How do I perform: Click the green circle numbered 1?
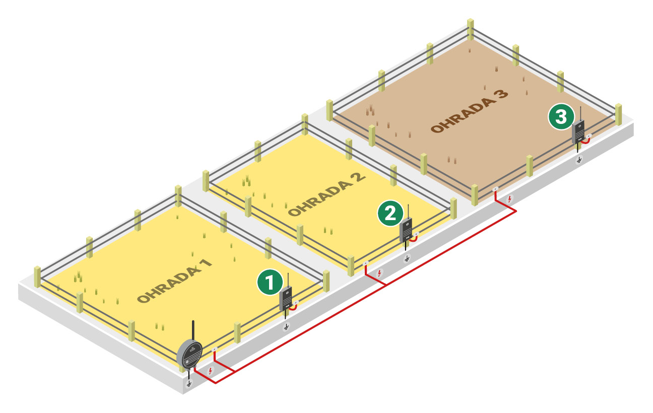[x=270, y=282]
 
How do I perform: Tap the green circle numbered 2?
[x=390, y=214]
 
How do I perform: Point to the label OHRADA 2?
[x=327, y=195]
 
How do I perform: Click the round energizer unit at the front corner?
[x=189, y=355]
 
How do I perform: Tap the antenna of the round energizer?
[x=193, y=330]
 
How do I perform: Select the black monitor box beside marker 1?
[x=285, y=299]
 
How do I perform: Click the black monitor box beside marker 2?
[x=406, y=230]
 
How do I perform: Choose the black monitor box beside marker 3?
[x=578, y=132]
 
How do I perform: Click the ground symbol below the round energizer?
[x=189, y=384]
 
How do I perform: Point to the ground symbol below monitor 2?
[x=407, y=258]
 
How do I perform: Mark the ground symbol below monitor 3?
[x=579, y=160]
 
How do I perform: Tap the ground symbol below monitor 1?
[x=286, y=327]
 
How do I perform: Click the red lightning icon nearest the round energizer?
[x=210, y=371]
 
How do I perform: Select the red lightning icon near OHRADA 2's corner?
[x=379, y=273]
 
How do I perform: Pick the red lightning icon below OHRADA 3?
[x=509, y=199]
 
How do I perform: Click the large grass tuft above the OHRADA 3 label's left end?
[x=370, y=110]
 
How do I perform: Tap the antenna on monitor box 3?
[x=580, y=114]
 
